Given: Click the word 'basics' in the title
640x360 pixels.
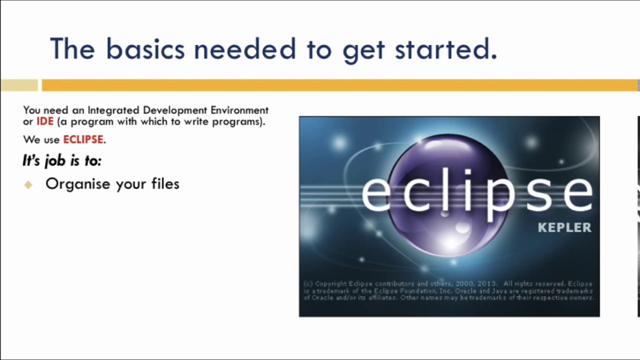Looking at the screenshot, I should (144, 49).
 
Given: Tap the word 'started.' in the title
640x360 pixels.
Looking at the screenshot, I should (446, 49).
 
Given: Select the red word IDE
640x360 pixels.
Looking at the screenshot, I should (45, 121).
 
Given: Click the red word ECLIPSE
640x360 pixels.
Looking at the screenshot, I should (83, 139).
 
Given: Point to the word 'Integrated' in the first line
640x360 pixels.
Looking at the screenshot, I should (114, 110).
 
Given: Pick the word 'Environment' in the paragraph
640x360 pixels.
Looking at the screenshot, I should (239, 110).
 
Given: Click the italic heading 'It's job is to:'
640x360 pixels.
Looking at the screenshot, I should (62, 160).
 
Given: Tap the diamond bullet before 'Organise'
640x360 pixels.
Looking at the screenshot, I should (28, 184).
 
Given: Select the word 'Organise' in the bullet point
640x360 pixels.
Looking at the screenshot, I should (77, 184).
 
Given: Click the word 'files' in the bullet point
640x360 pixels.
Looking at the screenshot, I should (165, 183).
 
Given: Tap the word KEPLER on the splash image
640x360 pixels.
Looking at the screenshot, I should (564, 228).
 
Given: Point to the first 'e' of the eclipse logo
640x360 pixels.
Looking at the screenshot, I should (376, 192).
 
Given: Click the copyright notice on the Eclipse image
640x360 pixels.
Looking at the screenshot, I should (448, 290).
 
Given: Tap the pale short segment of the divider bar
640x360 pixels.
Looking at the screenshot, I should (19, 85).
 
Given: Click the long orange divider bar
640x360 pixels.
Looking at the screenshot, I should (340, 85).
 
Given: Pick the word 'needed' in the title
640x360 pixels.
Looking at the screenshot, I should (245, 49).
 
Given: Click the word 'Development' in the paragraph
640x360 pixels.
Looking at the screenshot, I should (175, 110).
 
